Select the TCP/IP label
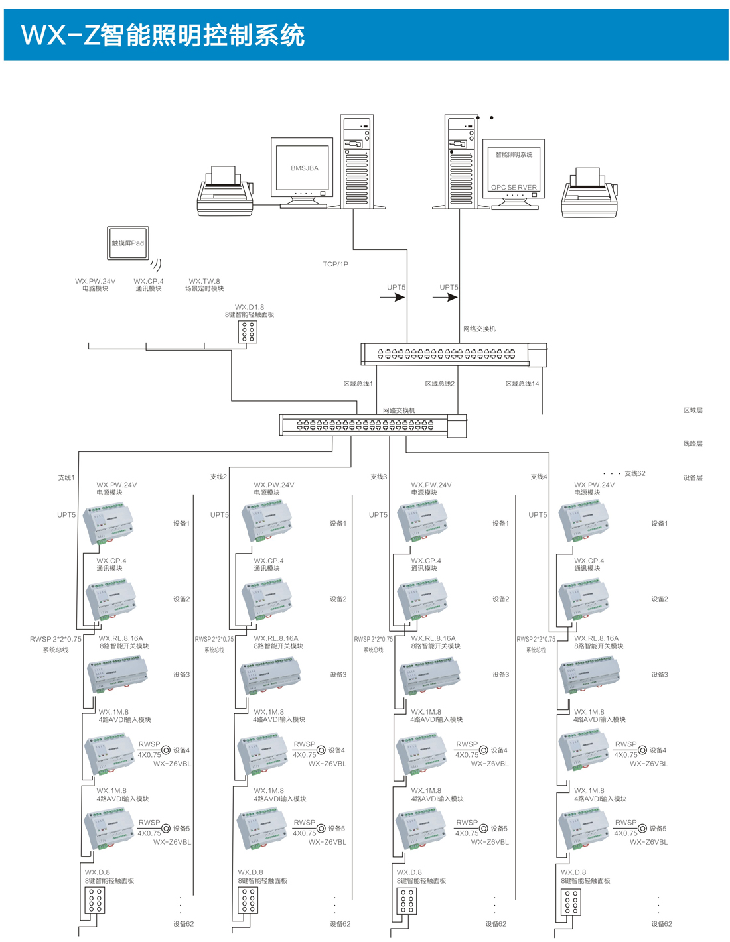coord(336,264)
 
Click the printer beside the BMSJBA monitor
coord(226,192)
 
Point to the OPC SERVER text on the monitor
coord(514,187)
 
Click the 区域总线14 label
coord(522,384)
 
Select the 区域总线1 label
coord(358,384)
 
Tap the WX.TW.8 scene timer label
coord(204,285)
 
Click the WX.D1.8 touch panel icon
coord(248,332)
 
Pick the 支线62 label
coord(634,473)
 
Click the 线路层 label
coord(693,443)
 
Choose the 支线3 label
coord(378,477)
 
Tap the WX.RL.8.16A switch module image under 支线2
coord(269,676)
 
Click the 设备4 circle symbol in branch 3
coord(484,750)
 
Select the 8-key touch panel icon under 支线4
coord(570,902)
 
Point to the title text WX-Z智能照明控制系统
coord(163,35)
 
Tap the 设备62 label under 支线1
coord(184,924)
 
